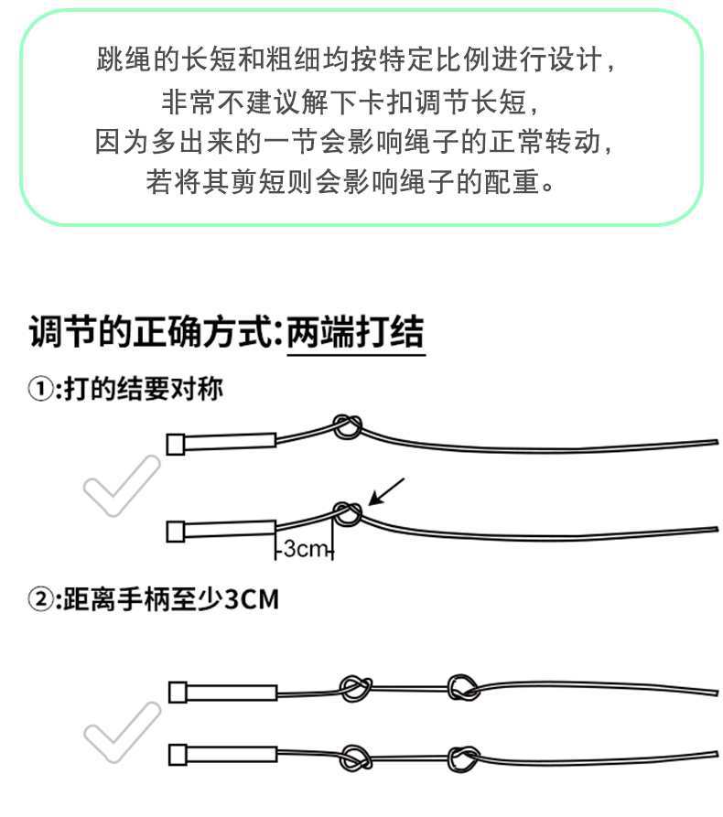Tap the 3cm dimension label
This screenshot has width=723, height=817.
(305, 549)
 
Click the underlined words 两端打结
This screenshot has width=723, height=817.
(355, 331)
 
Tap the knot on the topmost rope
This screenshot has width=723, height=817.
(347, 425)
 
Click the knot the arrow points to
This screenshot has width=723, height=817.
(347, 515)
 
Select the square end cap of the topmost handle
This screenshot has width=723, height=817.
(177, 444)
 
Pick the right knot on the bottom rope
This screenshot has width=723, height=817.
(464, 758)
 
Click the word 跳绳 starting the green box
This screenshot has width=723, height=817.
(115, 60)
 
